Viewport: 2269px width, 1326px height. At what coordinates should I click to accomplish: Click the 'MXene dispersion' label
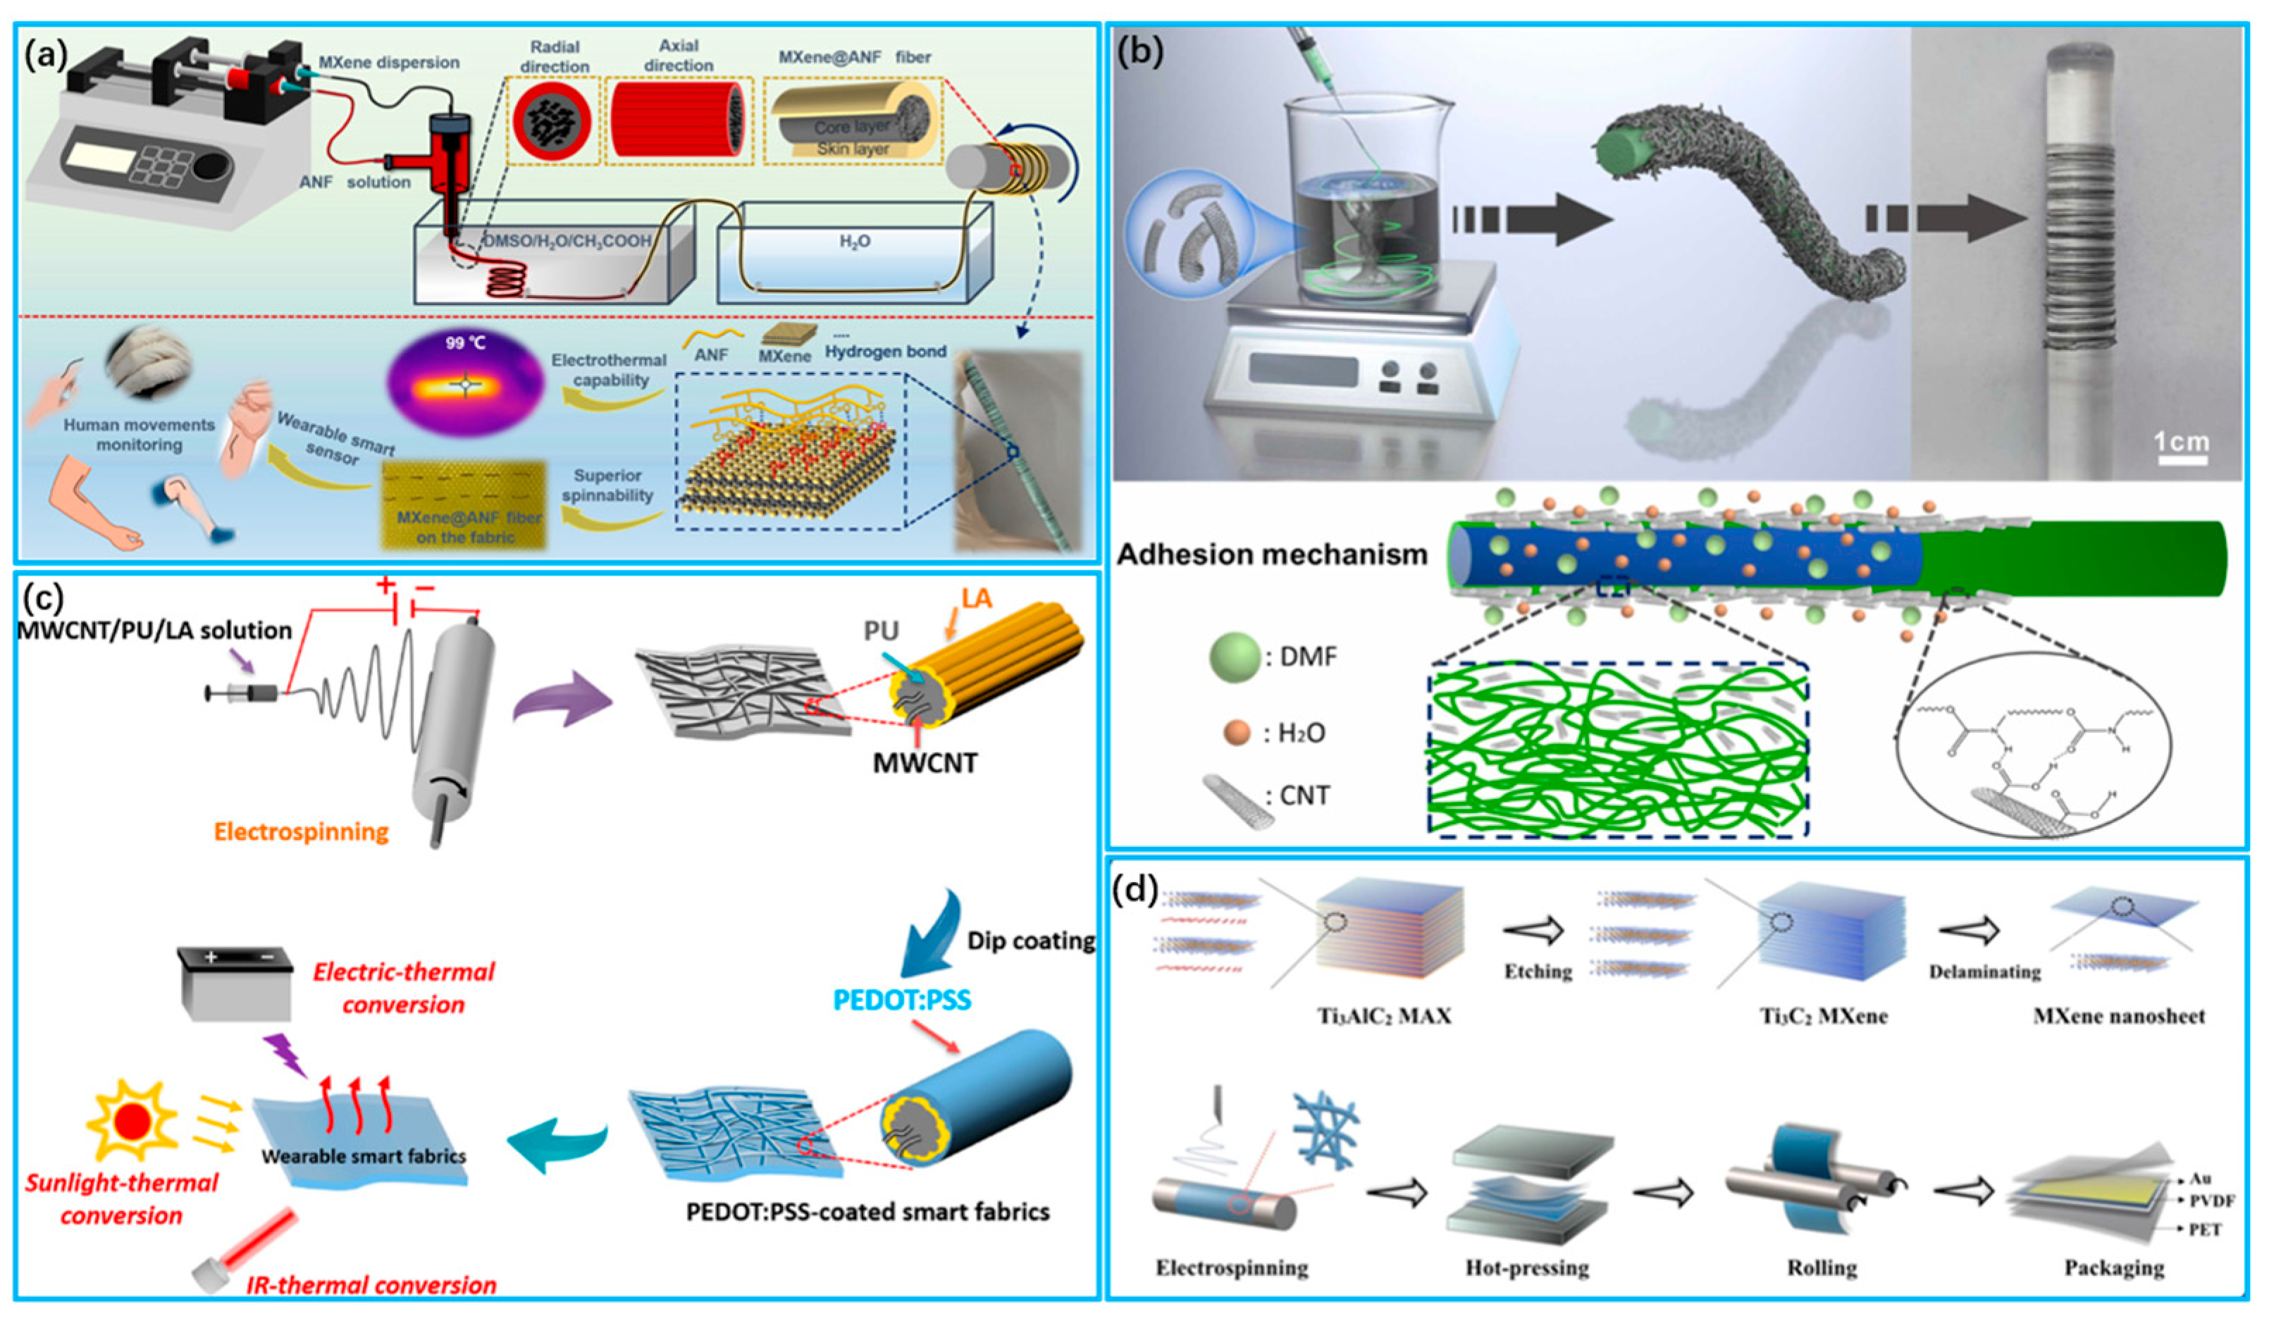coord(389,63)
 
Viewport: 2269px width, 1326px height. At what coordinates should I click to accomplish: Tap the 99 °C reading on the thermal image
coord(466,343)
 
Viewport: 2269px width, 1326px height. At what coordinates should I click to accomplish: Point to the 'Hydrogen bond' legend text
coord(885,352)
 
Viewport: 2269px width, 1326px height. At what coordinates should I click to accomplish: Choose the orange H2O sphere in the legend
coord(1237,733)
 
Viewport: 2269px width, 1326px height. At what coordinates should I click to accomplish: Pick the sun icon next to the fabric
coord(132,1122)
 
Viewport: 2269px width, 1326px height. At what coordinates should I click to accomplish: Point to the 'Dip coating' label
coord(1031,941)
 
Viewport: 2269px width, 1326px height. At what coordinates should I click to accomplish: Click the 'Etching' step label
coord(1538,972)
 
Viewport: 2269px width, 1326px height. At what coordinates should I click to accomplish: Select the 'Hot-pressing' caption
coord(1527,1268)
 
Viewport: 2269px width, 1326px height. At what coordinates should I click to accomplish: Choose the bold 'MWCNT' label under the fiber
coord(925,762)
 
